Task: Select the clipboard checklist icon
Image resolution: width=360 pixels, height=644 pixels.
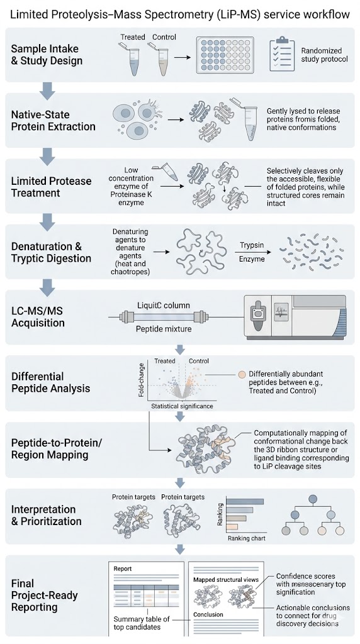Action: [x=282, y=56]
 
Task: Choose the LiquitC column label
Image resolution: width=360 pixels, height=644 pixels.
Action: [x=164, y=306]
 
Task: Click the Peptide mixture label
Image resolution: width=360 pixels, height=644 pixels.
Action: [x=163, y=328]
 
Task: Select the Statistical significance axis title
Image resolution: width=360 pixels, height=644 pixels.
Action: [x=181, y=406]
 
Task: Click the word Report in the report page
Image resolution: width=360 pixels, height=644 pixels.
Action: [x=123, y=568]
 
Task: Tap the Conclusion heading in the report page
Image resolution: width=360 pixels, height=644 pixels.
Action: [x=208, y=615]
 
